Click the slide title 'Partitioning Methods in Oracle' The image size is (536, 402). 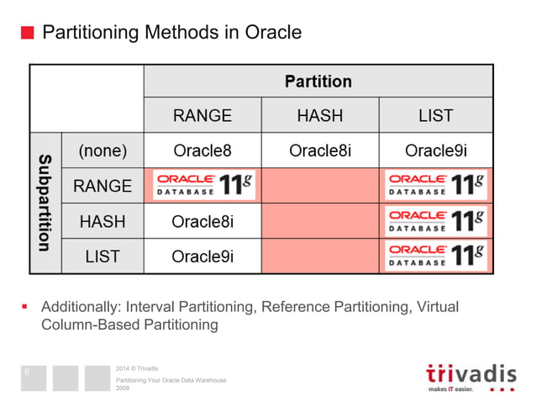(171, 33)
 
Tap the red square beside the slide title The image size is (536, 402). (27, 34)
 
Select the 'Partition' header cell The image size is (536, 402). (318, 81)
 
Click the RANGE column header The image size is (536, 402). (202, 115)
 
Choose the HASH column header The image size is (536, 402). (319, 115)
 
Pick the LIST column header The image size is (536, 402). (435, 115)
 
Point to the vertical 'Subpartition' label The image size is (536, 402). (45, 203)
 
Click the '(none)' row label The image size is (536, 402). (102, 151)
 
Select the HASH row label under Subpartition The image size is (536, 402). (102, 221)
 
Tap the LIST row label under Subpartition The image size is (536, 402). (102, 257)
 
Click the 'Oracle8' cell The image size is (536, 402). (202, 151)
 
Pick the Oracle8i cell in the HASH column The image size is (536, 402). (319, 151)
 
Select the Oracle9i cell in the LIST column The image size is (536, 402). (435, 151)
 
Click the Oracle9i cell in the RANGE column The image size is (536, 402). (202, 257)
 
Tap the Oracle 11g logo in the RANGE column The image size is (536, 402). (202, 186)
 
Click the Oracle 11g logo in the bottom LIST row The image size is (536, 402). (436, 257)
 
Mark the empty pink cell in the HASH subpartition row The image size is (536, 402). (319, 221)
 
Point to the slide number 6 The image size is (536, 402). (27, 371)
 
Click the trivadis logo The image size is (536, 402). (470, 376)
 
